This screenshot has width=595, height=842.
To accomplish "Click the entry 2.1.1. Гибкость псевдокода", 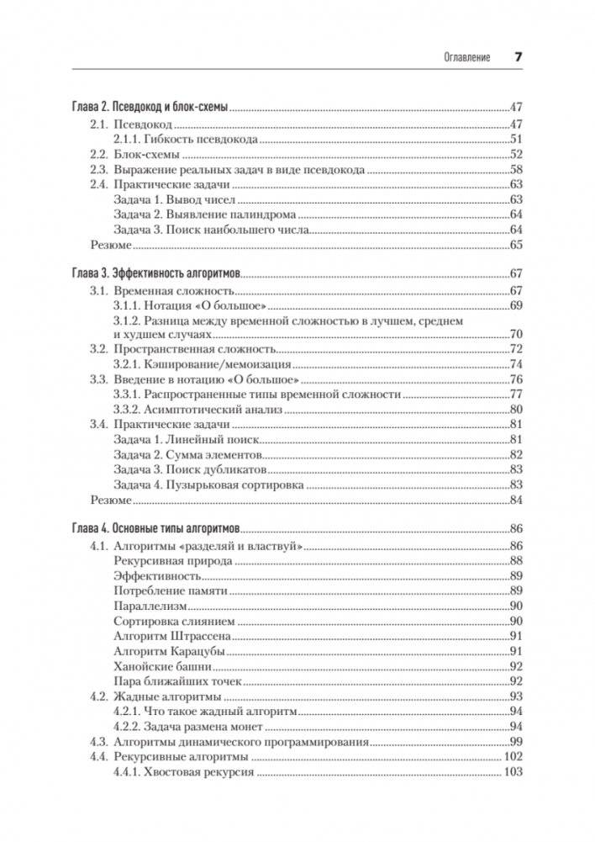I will click(x=185, y=139).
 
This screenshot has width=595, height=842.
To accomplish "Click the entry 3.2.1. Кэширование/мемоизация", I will click(x=202, y=365).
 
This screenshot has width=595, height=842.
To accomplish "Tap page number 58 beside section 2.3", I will click(x=516, y=169).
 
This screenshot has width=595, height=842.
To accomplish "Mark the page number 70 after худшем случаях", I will click(x=516, y=334).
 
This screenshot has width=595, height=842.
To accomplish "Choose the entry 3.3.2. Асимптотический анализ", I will click(x=197, y=410).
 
